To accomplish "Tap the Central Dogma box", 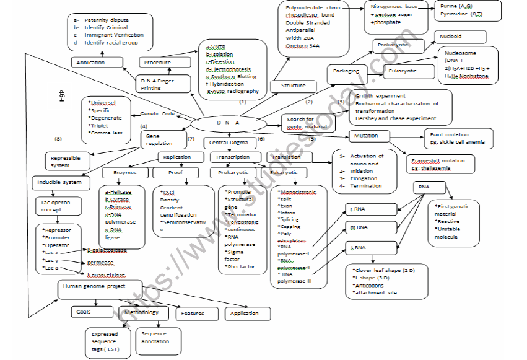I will [x=227, y=143].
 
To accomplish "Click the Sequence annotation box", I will [x=154, y=337].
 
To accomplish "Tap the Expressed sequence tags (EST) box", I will [x=105, y=341].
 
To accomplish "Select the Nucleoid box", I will [x=451, y=37].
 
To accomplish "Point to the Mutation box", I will [x=372, y=135].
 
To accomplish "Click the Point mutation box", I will [x=458, y=138].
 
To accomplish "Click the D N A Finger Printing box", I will [x=156, y=84].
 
